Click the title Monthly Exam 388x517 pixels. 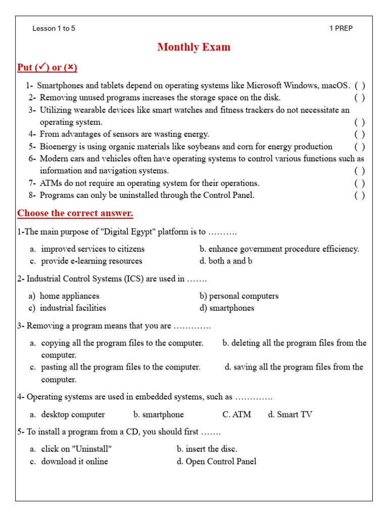pos(193,47)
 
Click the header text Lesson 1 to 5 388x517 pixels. pos(54,28)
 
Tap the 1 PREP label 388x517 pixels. pos(341,28)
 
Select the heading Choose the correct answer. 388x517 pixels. pos(75,213)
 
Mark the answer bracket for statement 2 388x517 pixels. pos(359,97)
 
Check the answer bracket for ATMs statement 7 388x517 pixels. pos(359,183)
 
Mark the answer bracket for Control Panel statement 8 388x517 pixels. pos(359,195)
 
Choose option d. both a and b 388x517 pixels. pos(226,261)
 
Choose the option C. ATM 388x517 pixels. pos(236,415)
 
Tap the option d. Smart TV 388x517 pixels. pos(290,415)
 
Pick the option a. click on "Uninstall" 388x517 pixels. pos(71,449)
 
